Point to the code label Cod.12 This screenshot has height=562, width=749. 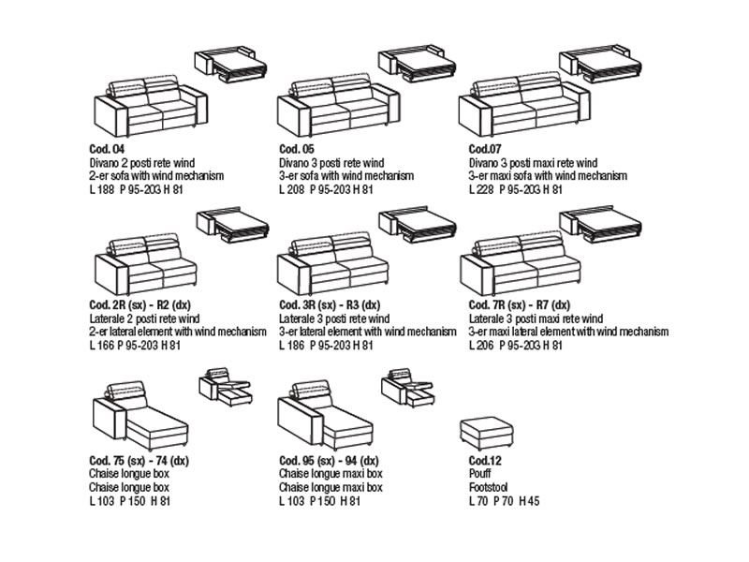[486, 462]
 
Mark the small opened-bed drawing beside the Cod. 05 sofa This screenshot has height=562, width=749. [418, 66]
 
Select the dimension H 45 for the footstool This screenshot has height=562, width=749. [530, 501]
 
